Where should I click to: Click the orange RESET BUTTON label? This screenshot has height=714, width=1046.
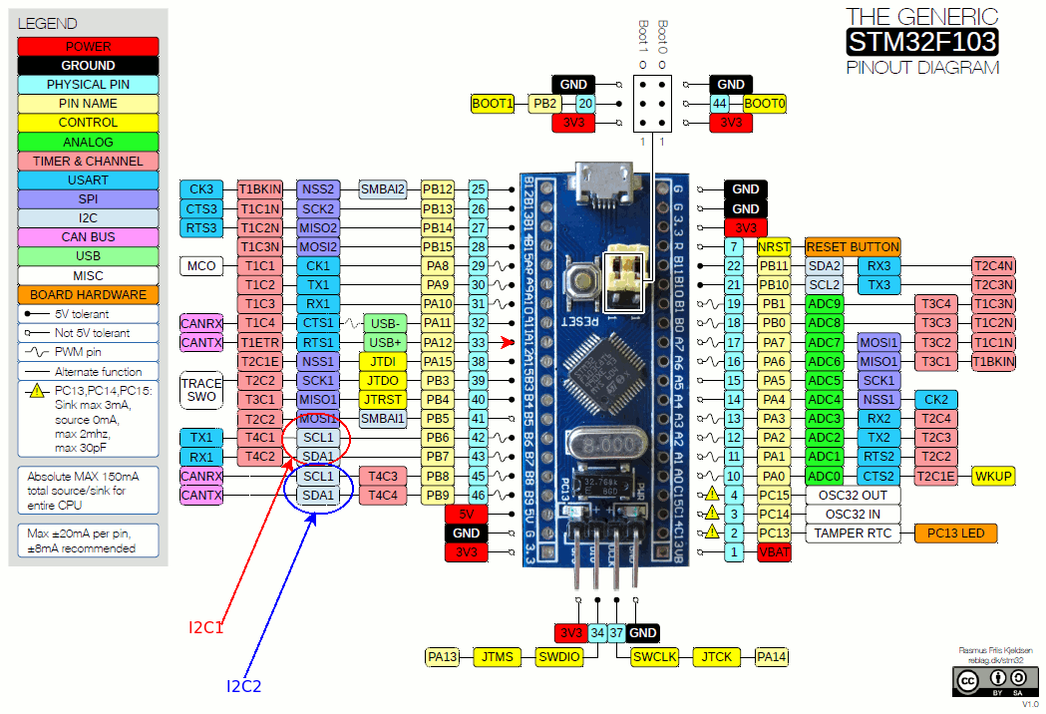(x=853, y=246)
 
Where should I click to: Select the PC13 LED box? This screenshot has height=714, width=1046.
(x=955, y=533)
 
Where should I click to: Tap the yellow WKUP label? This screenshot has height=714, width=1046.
(x=994, y=476)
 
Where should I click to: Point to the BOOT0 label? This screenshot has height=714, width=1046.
(x=765, y=103)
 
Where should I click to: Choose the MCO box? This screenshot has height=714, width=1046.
(x=203, y=266)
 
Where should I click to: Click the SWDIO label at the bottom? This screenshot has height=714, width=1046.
(x=560, y=656)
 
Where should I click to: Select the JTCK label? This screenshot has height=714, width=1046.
(x=715, y=656)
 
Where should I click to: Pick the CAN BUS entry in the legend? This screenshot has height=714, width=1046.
(x=88, y=237)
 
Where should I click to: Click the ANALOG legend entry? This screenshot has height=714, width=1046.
(x=88, y=142)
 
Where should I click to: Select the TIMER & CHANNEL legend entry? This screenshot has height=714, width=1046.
(x=88, y=161)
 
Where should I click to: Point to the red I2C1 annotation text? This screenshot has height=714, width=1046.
(x=206, y=628)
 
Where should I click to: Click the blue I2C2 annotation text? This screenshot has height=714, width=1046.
(x=243, y=686)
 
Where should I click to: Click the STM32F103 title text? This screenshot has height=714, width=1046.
(x=921, y=42)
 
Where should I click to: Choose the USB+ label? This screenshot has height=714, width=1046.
(x=384, y=342)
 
